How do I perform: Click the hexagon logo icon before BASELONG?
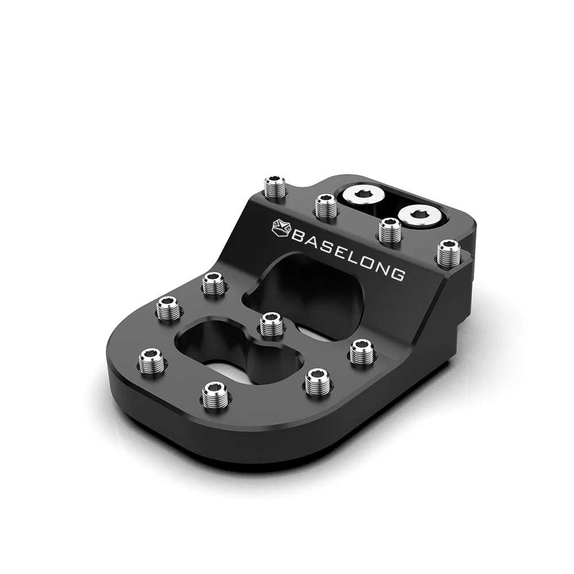(281, 227)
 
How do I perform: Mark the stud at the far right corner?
(449, 253)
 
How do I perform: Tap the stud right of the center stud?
(362, 351)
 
